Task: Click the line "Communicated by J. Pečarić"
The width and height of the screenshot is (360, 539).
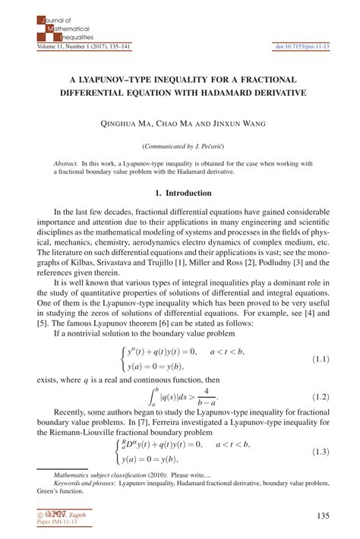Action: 180,144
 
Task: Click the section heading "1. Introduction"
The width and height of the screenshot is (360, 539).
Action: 179,194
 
